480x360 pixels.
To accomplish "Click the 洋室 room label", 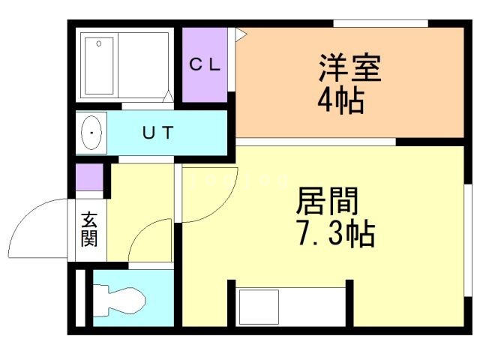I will pos(350,70).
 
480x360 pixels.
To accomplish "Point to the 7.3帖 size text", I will pos(336,235).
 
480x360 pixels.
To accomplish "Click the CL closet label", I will pos(204,64).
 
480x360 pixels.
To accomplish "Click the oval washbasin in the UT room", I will pos(92,133).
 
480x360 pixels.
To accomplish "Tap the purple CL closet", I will pos(205,82).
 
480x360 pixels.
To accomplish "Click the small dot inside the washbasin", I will pos(91,133).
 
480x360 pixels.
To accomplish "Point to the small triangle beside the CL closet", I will pos(240,33).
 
